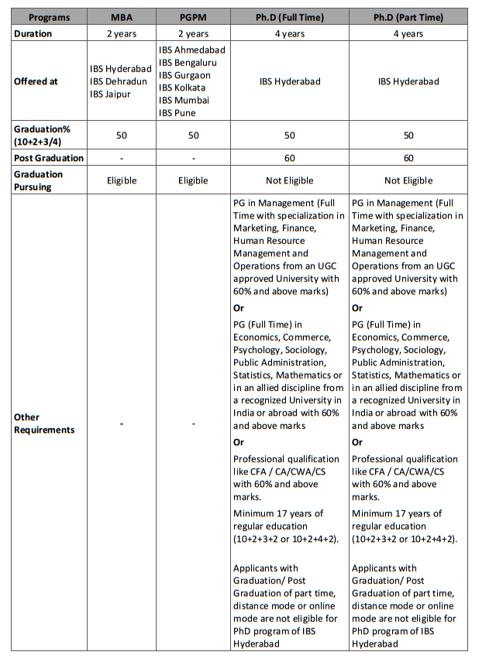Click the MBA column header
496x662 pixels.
pyautogui.click(x=121, y=16)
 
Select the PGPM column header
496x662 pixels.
pyautogui.click(x=193, y=16)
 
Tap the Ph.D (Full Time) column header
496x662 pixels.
pyautogui.click(x=289, y=16)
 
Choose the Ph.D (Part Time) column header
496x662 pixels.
pyautogui.click(x=408, y=16)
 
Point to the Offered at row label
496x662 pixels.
pyautogui.click(x=37, y=81)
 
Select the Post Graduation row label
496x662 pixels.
pyautogui.click(x=49, y=158)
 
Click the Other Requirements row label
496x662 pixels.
pyautogui.click(x=45, y=424)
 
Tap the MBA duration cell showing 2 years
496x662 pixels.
pyautogui.click(x=121, y=33)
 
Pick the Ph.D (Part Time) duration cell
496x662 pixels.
pyautogui.click(x=408, y=33)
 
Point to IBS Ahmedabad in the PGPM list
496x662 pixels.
pyautogui.click(x=193, y=50)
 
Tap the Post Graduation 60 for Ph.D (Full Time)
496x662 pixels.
pyautogui.click(x=289, y=158)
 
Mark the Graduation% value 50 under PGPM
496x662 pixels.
pyautogui.click(x=193, y=135)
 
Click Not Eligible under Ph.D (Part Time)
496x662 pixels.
pyautogui.click(x=408, y=180)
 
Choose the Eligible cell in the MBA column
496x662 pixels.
pyautogui.click(x=121, y=180)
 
